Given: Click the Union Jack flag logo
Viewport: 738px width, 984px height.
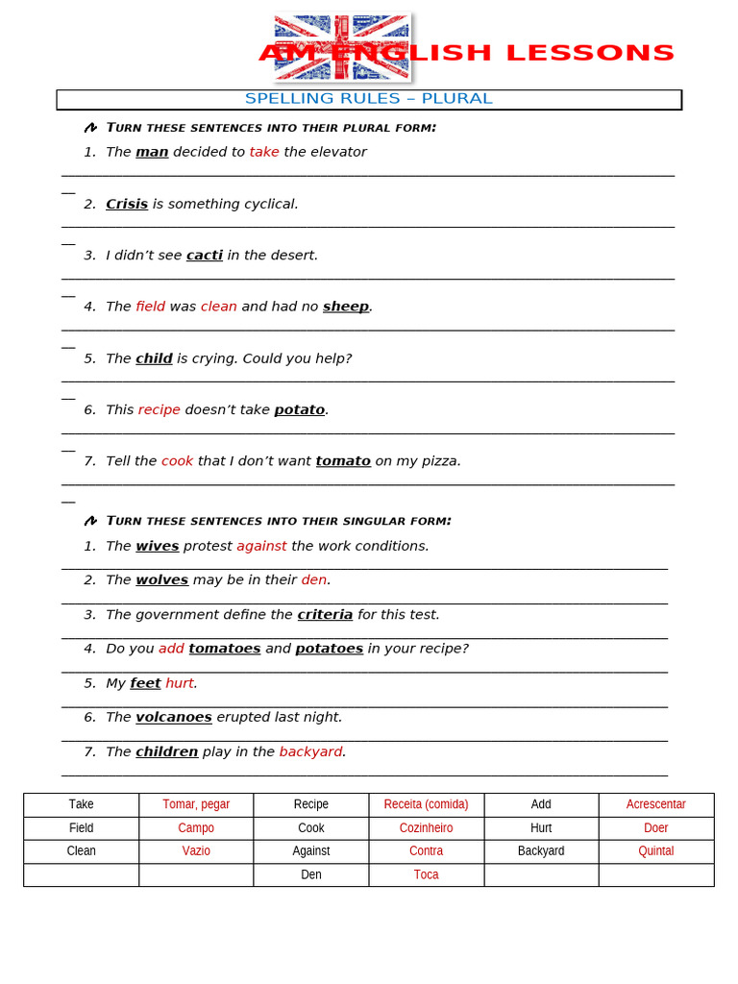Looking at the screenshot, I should click(x=342, y=46).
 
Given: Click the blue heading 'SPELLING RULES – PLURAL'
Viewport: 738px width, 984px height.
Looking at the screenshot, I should click(x=368, y=99).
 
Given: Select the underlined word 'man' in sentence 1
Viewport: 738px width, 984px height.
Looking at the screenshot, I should click(x=152, y=152).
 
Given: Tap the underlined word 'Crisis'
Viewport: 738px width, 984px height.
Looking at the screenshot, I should click(x=127, y=204).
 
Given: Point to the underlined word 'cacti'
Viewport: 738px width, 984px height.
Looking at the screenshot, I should click(x=205, y=256).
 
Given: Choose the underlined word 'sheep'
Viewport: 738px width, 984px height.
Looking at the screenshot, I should click(x=346, y=307).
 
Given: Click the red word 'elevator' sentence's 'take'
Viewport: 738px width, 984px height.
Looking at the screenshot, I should click(x=264, y=152).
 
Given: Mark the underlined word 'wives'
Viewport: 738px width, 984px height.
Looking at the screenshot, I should click(x=158, y=546).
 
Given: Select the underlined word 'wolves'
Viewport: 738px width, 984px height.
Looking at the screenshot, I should click(x=161, y=580).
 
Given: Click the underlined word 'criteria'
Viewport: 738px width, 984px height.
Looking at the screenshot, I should click(x=325, y=615).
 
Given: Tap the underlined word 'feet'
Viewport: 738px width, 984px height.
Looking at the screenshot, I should click(x=145, y=683).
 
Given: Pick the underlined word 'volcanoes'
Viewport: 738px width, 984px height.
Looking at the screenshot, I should click(x=174, y=718).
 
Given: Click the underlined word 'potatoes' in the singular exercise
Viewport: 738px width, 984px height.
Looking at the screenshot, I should click(x=329, y=649).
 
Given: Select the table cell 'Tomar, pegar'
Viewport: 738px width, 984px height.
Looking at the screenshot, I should click(x=196, y=804).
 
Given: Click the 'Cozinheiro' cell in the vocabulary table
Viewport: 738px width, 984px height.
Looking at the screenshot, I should click(x=426, y=828).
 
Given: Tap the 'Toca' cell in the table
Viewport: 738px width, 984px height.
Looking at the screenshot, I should click(x=426, y=874).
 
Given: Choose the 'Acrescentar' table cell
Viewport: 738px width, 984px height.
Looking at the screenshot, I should click(x=656, y=804).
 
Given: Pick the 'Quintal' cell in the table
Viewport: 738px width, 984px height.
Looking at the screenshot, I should click(x=656, y=851).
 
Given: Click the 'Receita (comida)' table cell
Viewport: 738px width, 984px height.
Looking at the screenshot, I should click(x=426, y=804).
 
